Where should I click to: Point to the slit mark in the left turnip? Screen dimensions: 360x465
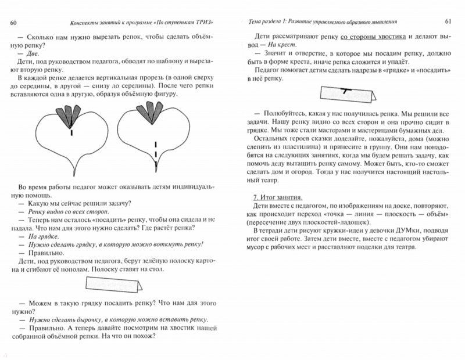(x=71, y=133)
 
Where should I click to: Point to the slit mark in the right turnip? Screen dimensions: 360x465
(x=156, y=146)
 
